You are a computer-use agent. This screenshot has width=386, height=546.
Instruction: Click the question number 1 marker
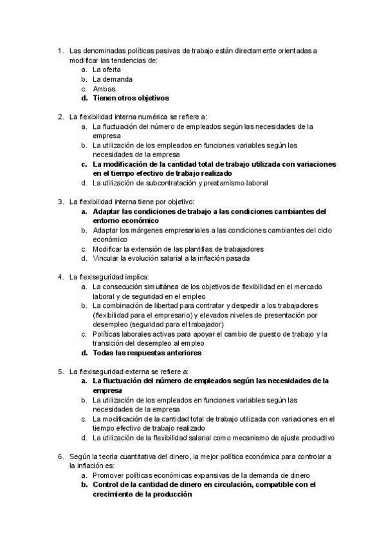coord(60,50)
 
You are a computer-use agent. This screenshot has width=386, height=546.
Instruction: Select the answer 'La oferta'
coord(107,70)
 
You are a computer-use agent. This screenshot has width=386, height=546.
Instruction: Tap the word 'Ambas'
coord(104,89)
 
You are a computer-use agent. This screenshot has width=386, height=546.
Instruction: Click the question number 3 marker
coord(60,202)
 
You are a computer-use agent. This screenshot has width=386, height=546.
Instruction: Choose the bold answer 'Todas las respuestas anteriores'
coord(147,353)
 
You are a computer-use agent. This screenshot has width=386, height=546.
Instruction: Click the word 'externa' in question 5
coord(140,372)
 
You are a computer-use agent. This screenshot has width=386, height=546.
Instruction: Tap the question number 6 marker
coord(60,457)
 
